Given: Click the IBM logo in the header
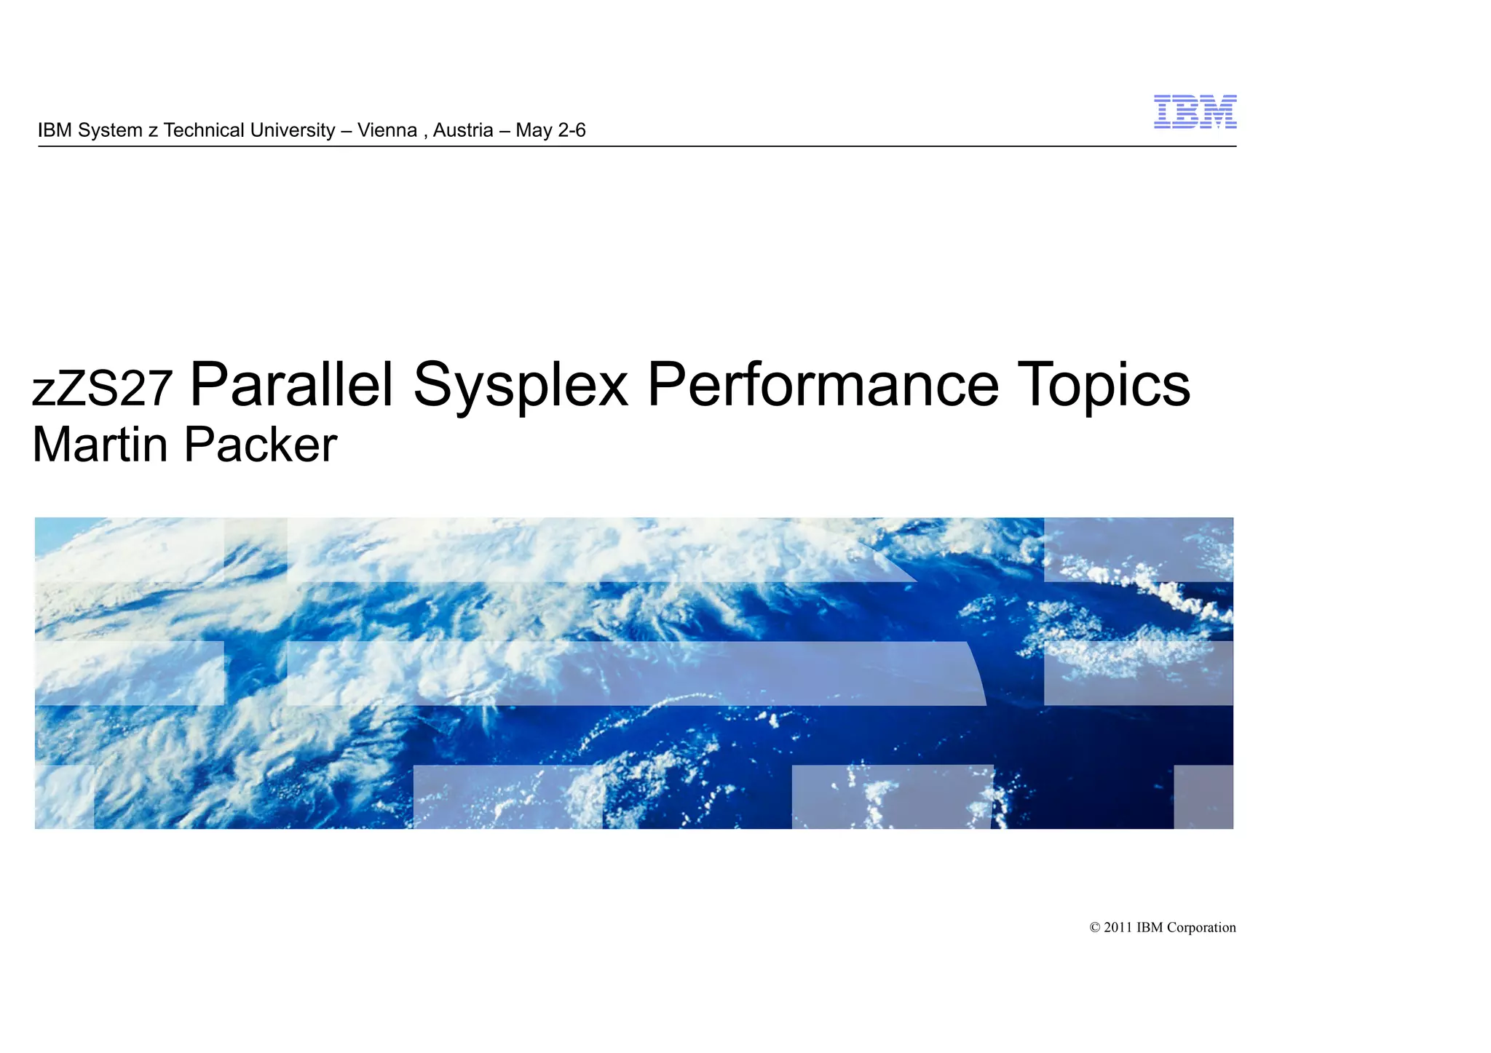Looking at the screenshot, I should pos(1195,112).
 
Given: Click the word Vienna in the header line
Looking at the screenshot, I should pos(387,130).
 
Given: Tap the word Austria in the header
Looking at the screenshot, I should pos(463,130).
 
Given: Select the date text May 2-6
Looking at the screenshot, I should pos(550,130).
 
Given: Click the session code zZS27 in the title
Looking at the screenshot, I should pos(103,388).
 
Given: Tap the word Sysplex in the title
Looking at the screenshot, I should pos(521,386).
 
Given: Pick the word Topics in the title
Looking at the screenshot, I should pos(1104,386).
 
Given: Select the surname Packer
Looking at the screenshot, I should pos(260,445).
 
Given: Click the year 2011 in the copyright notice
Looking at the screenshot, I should pos(1118,928).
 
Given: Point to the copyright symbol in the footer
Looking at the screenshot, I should pos(1094,928).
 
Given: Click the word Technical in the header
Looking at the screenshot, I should pos(204,130).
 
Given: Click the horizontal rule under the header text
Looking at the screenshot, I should pos(637,146).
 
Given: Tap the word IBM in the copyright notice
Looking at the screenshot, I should pos(1150,928).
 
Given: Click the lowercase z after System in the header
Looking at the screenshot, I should pos(153,131).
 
